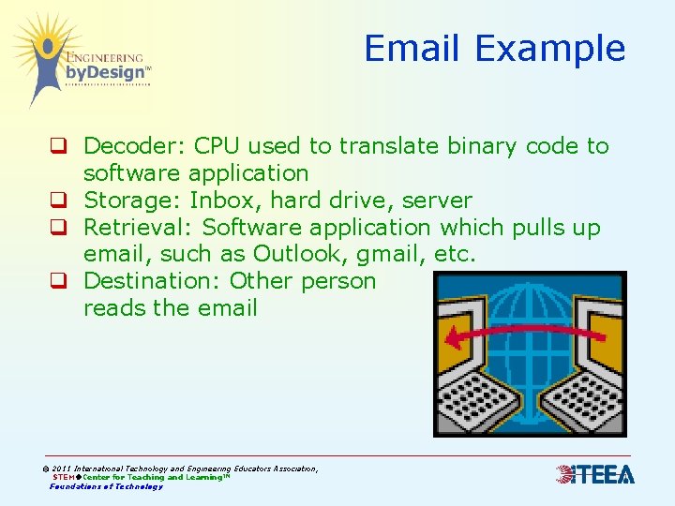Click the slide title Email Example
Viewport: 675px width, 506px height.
pyautogui.click(x=494, y=49)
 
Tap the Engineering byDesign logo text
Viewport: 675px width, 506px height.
pyautogui.click(x=104, y=66)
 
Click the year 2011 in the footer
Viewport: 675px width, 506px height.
pyautogui.click(x=62, y=469)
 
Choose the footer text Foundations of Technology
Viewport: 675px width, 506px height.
pyautogui.click(x=106, y=486)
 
